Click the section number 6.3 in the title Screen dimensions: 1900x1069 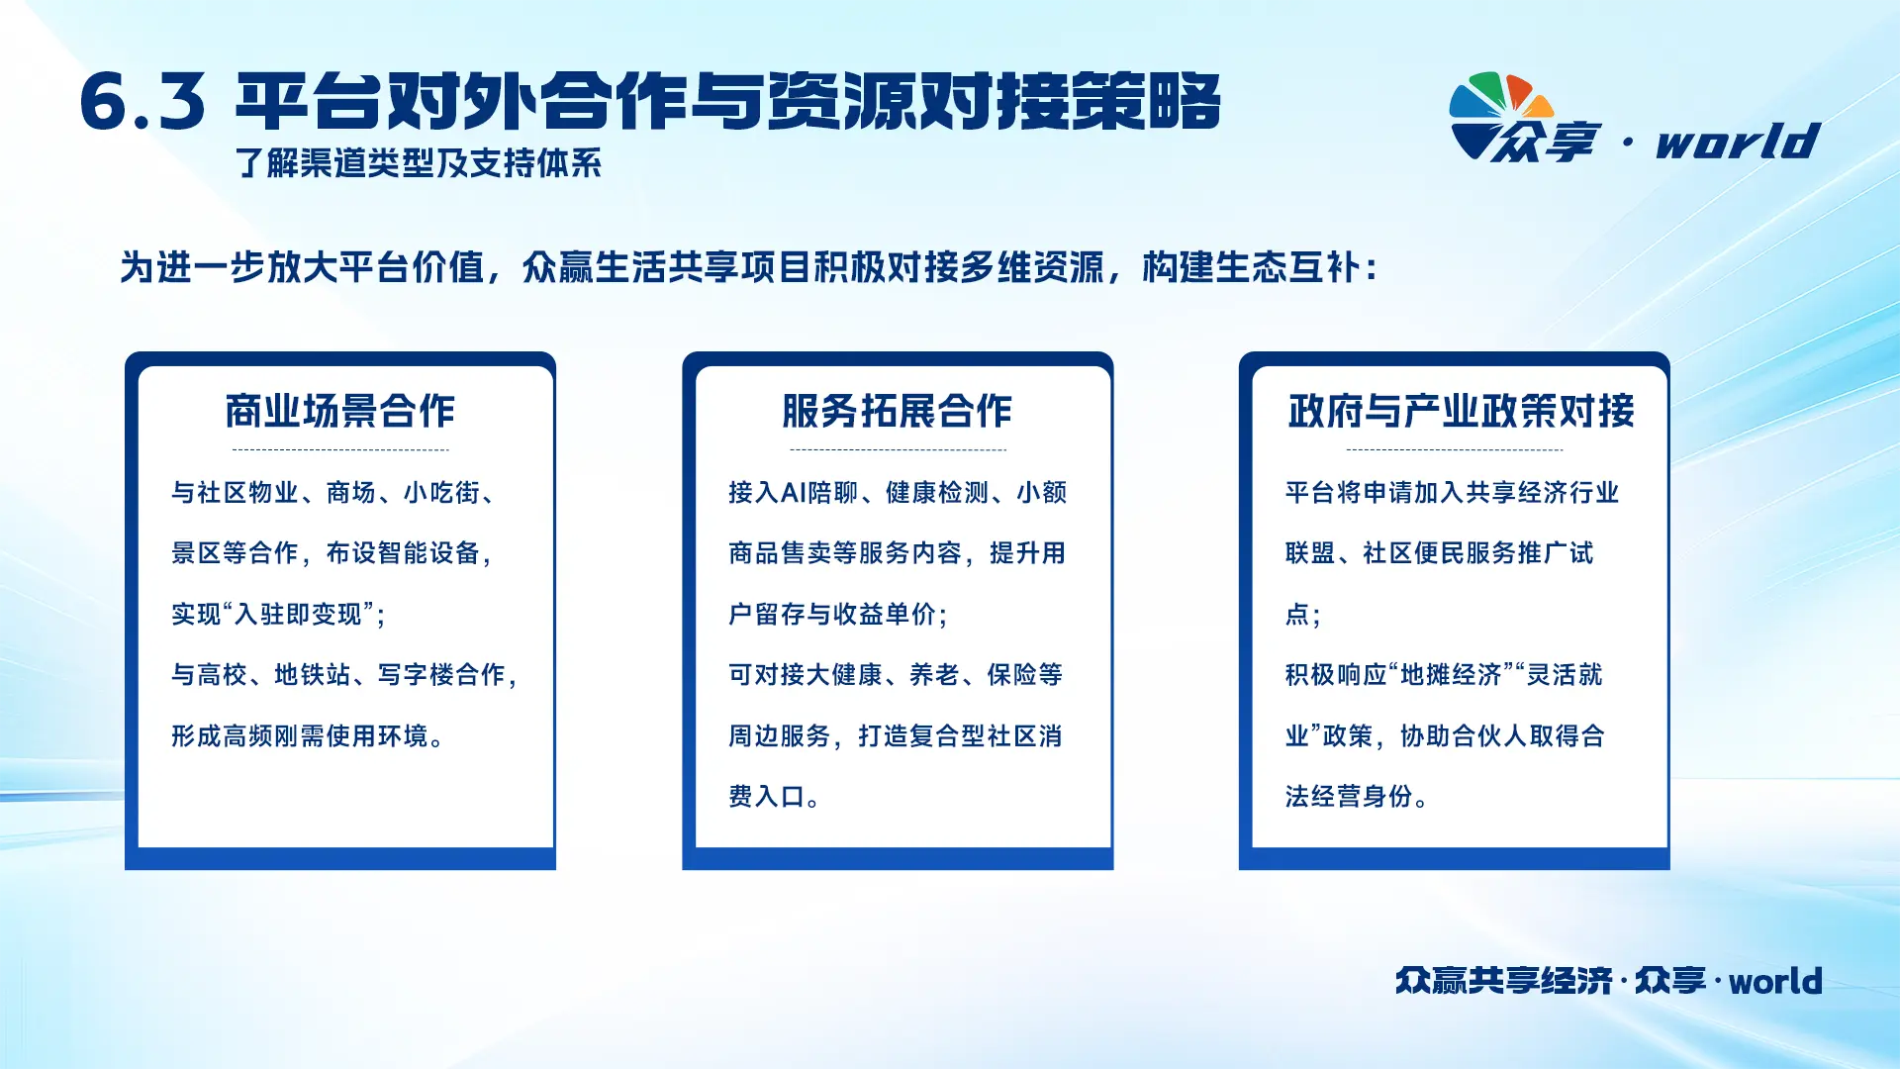point(142,102)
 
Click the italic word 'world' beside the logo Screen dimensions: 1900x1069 point(1738,142)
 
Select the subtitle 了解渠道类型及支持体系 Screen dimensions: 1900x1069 point(419,163)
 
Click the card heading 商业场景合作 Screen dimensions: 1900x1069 point(339,411)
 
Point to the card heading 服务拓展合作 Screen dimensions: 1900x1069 point(897,411)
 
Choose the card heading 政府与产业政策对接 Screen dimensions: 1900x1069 point(1461,411)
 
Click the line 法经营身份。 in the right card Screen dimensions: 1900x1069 point(1356,797)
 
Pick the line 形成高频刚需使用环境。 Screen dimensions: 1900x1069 point(308,736)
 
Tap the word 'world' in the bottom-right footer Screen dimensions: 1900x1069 point(1775,981)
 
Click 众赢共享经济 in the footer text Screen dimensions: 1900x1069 point(1504,981)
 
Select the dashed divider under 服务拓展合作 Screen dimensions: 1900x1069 point(898,449)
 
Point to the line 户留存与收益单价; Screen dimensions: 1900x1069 point(838,615)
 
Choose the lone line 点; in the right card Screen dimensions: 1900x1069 point(1302,615)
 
